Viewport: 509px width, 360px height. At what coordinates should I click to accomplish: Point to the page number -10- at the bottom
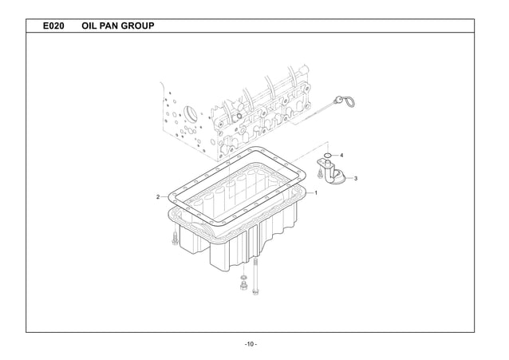click(251, 344)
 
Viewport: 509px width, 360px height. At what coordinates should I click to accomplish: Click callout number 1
click(316, 193)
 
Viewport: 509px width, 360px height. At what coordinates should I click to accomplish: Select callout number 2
click(159, 196)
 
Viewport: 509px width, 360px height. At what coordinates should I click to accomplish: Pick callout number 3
click(354, 178)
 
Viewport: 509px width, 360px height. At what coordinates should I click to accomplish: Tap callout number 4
click(341, 154)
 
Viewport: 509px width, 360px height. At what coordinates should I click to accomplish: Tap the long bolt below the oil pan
click(256, 275)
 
